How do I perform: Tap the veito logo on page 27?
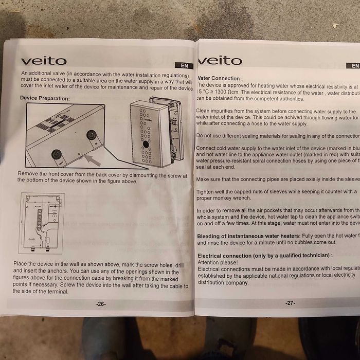click(220, 61)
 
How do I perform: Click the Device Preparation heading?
click(45, 98)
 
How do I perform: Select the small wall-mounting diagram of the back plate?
click(42, 224)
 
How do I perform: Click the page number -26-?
click(101, 304)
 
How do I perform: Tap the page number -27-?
click(291, 302)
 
